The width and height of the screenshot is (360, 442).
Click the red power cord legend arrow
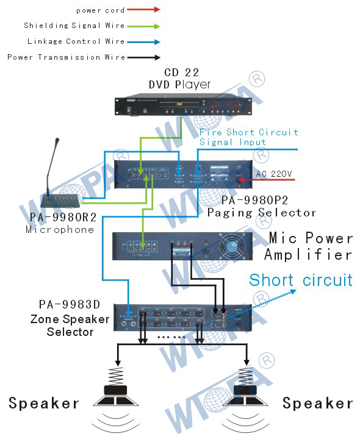tap(143, 10)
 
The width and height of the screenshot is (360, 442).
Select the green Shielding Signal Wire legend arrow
tap(143, 26)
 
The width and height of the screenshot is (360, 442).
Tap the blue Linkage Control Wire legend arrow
tap(143, 42)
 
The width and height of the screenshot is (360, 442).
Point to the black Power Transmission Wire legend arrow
tap(143, 57)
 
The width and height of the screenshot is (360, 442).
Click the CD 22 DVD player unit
tap(183, 104)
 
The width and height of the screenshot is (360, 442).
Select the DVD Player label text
tap(180, 85)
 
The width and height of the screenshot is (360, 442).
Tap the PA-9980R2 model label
tap(63, 217)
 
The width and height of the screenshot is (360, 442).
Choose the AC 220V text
tap(274, 174)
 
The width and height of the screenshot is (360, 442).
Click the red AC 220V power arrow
tap(266, 180)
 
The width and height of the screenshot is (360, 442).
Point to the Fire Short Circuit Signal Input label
tap(248, 137)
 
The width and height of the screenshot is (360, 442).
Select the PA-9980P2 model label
tap(254, 201)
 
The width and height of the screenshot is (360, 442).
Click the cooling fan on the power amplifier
tap(232, 246)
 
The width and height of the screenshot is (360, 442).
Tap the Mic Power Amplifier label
tap(308, 246)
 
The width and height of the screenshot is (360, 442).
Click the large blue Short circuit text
tap(301, 280)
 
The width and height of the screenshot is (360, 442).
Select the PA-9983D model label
tap(70, 304)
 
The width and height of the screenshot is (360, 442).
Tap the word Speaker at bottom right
tap(317, 404)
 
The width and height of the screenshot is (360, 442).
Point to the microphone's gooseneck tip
tap(57, 140)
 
